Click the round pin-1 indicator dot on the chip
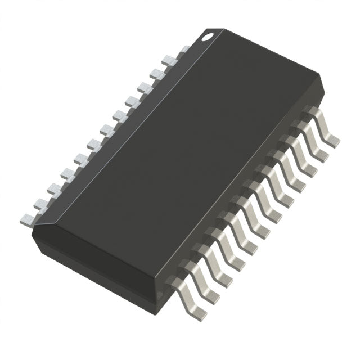tap(208, 37)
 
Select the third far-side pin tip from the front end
tap(53, 188)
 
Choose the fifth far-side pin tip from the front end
tap(79, 158)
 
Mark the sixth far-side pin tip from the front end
tap(93, 143)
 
